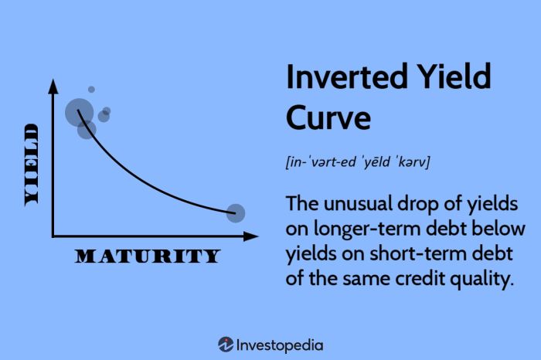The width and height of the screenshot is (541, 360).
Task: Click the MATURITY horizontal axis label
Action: tap(147, 256)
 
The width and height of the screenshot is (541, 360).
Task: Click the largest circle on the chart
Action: tap(79, 113)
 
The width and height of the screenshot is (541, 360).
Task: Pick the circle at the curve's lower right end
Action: tap(236, 213)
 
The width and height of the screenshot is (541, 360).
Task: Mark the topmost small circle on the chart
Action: tap(91, 90)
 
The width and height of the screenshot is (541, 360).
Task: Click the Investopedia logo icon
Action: tap(226, 345)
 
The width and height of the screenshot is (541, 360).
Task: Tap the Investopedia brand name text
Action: tap(281, 345)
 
